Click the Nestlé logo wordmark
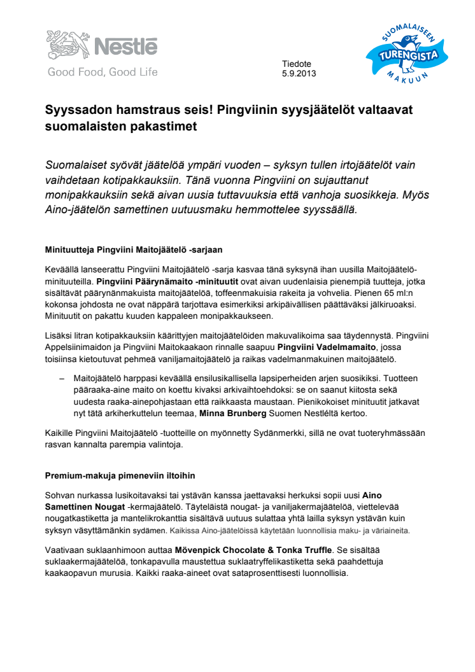(125, 46)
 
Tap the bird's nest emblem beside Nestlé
(66, 45)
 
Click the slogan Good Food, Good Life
(102, 72)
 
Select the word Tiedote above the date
(297, 64)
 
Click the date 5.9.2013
(299, 73)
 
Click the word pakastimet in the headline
(166, 126)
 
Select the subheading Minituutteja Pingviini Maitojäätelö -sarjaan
(133, 249)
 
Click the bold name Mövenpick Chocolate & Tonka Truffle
(253, 550)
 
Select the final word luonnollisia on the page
(323, 573)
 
